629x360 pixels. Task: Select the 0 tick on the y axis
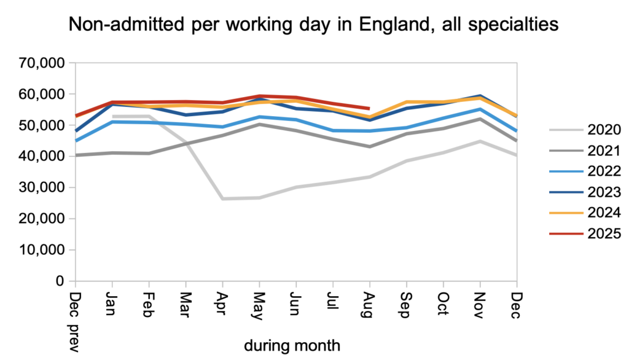point(60,281)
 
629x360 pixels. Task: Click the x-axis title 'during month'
point(292,345)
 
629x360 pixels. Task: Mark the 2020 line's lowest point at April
point(222,198)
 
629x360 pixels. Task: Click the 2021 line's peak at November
point(480,119)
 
